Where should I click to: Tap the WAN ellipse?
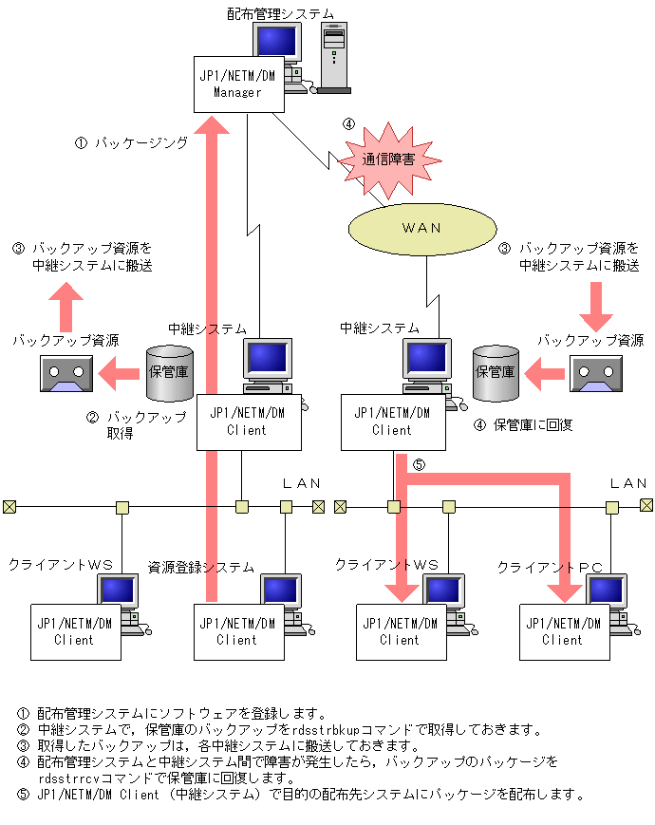tap(421, 228)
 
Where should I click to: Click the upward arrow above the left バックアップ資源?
tap(65, 306)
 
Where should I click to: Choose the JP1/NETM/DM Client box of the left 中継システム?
tap(249, 422)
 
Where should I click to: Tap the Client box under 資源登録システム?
tap(236, 631)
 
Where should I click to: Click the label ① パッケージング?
tap(131, 143)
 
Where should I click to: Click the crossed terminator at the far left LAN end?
tap(9, 506)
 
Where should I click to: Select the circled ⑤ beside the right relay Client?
tap(419, 465)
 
